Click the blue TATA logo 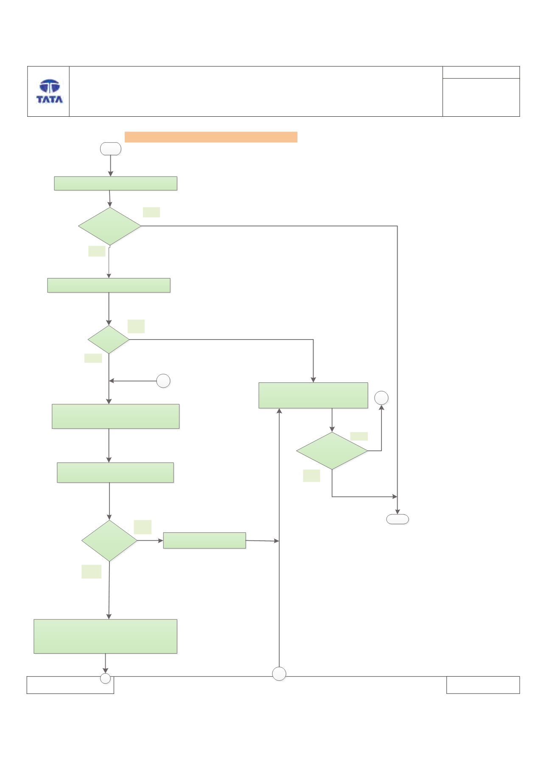click(x=49, y=92)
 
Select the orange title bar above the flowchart click(x=211, y=137)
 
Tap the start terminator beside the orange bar click(x=110, y=149)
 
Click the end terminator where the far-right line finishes click(x=398, y=519)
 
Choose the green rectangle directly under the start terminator click(x=115, y=183)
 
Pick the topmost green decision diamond click(x=110, y=226)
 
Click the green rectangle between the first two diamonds click(x=109, y=285)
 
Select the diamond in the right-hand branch click(x=332, y=451)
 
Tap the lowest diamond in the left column click(x=109, y=541)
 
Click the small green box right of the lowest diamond click(x=205, y=540)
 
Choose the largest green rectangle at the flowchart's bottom click(x=105, y=636)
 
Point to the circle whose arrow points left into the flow click(x=163, y=381)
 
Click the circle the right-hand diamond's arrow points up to click(x=381, y=398)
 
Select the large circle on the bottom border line click(x=279, y=674)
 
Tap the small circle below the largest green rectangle click(x=105, y=679)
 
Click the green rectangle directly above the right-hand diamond click(x=313, y=396)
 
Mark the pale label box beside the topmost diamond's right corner click(x=151, y=212)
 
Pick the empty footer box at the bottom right click(x=483, y=685)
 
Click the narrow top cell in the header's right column click(x=481, y=72)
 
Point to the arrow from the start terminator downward click(x=111, y=166)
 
